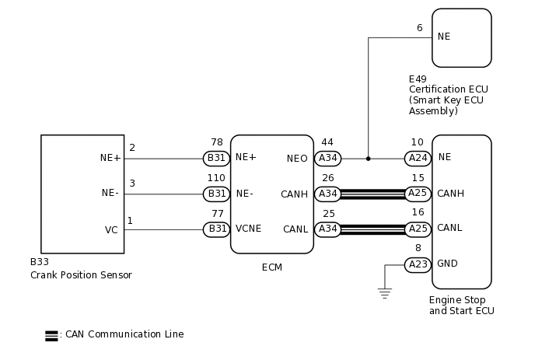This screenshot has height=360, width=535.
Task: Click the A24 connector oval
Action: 418,158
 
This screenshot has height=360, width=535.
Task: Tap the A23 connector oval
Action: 418,265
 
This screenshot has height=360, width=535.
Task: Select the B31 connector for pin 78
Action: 216,158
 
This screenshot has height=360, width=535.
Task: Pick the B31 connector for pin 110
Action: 216,194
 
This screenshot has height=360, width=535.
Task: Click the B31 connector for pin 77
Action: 216,229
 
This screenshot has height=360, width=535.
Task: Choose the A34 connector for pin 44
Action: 327,158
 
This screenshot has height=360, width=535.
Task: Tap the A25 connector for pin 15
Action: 418,194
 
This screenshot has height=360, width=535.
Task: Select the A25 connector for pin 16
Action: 418,229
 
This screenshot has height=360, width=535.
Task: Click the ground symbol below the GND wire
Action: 385,292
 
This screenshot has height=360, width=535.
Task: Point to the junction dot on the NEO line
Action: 368,158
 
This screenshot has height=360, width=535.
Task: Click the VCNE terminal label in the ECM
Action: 249,229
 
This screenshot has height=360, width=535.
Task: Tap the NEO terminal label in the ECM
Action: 297,158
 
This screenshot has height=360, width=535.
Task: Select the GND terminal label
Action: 447,264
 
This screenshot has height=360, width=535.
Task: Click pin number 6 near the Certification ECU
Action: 419,28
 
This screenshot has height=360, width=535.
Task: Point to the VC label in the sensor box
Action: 111,230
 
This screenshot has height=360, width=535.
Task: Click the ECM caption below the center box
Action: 271,267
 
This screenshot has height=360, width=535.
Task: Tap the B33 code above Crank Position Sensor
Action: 39,263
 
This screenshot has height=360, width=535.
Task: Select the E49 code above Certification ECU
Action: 418,79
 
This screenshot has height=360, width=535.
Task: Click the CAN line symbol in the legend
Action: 51,335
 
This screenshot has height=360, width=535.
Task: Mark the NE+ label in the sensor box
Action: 110,157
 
